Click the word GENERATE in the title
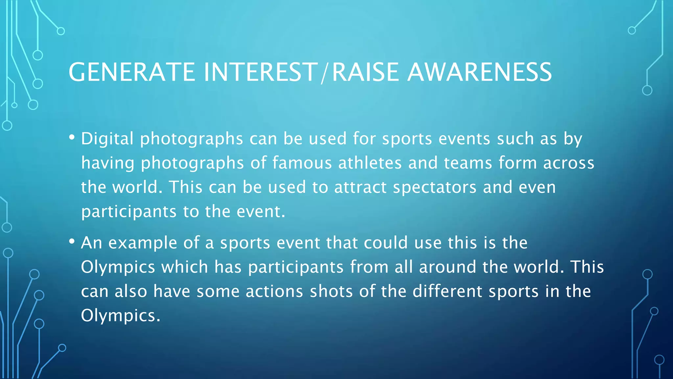(132, 72)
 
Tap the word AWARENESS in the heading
(479, 72)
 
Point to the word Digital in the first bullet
(107, 139)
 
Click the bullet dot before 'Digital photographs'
(72, 137)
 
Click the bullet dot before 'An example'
(72, 241)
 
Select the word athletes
(370, 163)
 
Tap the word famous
(302, 163)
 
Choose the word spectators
(434, 188)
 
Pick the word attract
(360, 187)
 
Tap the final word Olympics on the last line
(120, 316)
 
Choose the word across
(569, 163)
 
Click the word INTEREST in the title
(260, 72)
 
